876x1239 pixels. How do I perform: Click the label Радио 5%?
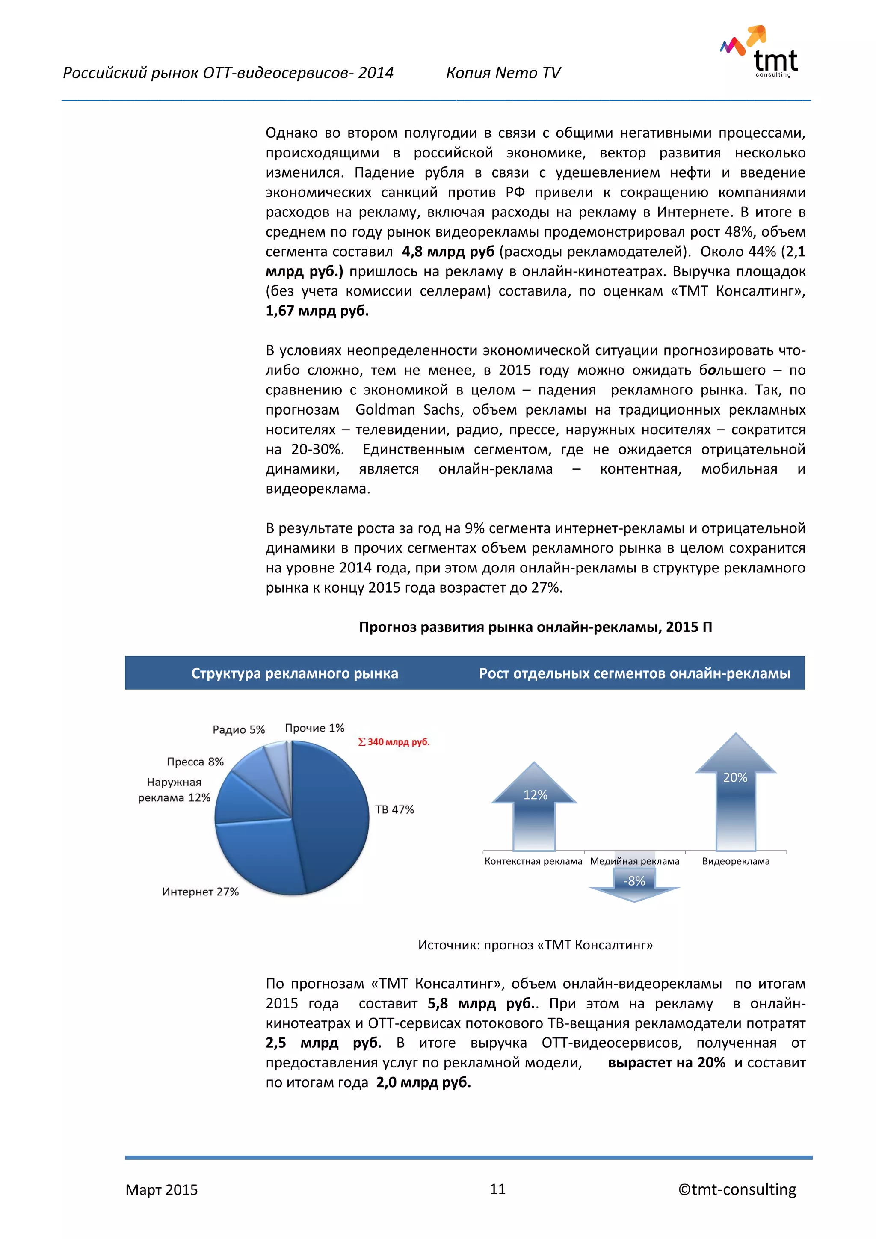238,729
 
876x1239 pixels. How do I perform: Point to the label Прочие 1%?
314,728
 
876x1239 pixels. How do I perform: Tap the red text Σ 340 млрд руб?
394,742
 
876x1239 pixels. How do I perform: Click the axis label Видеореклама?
735,861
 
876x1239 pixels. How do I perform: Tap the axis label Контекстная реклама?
533,861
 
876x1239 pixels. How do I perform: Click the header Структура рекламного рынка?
295,673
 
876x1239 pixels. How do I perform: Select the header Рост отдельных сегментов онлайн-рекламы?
634,673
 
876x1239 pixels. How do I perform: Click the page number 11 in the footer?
497,1189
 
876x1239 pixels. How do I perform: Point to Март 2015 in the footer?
161,1190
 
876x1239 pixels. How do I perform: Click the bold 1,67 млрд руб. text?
317,311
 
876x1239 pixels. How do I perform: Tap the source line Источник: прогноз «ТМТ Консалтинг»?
535,945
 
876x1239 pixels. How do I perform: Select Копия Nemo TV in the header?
503,73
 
